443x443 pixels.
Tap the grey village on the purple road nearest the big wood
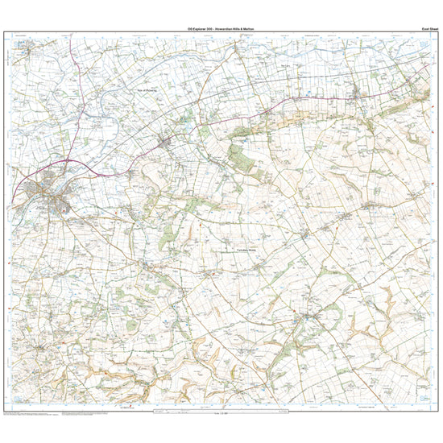click(167, 143)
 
